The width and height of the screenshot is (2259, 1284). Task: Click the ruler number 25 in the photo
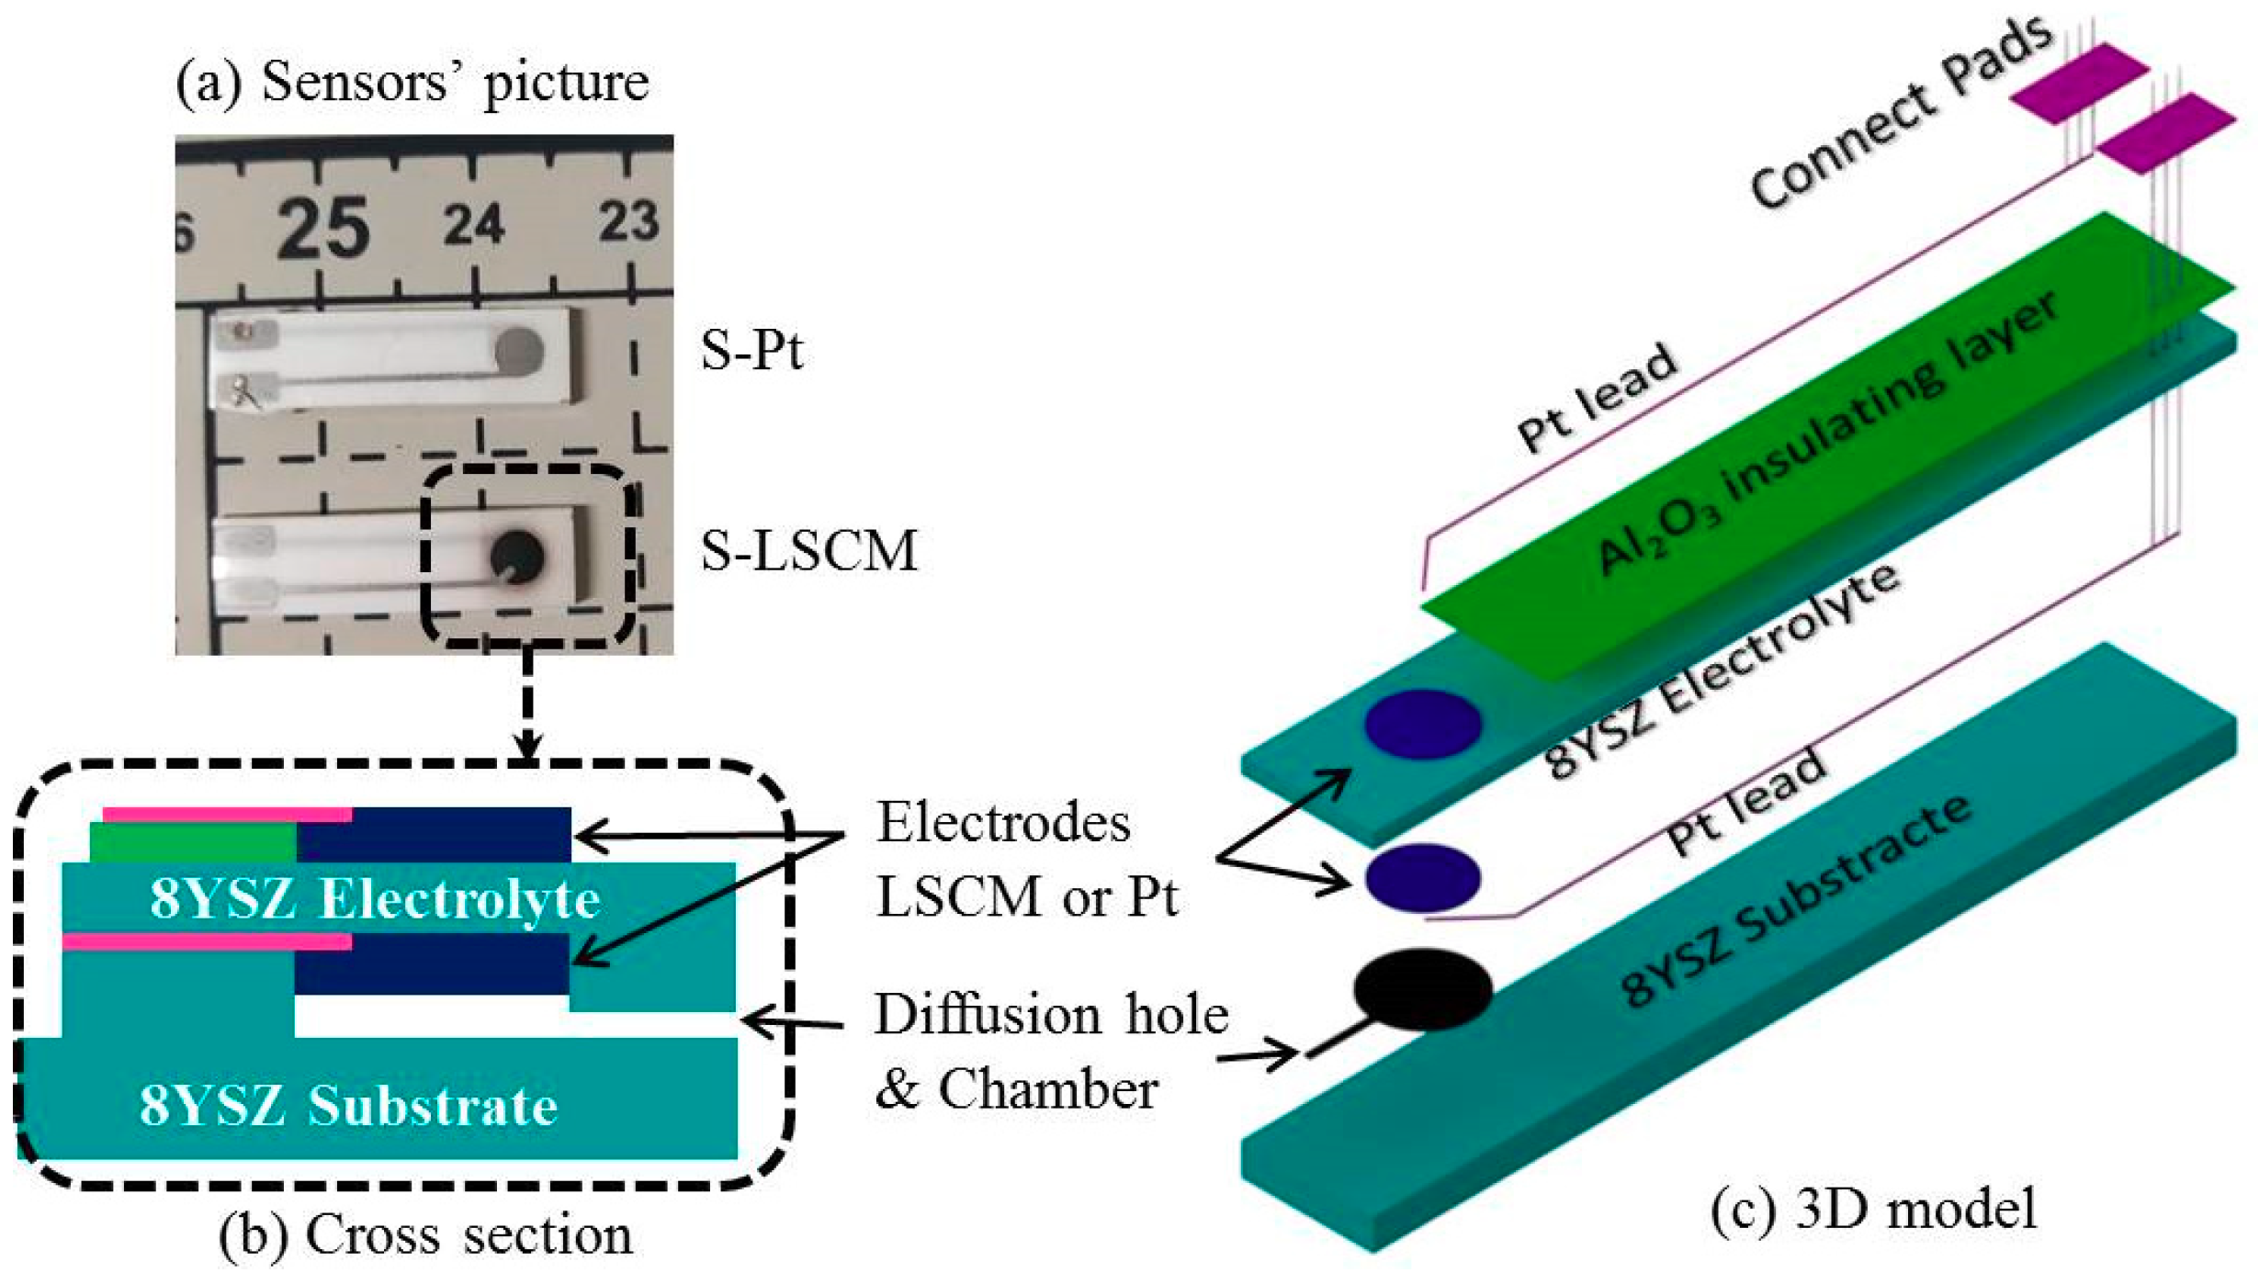[323, 228]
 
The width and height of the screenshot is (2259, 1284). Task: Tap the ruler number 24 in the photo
[474, 223]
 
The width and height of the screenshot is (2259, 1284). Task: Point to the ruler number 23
[628, 220]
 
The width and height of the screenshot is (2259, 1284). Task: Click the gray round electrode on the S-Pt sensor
[519, 350]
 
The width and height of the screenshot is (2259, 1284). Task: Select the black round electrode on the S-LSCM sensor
[517, 556]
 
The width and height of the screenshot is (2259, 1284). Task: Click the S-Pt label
[751, 350]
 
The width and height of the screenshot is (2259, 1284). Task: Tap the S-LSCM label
[808, 551]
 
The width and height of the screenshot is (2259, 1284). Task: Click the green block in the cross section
[193, 842]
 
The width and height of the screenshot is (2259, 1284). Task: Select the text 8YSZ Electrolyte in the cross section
[375, 898]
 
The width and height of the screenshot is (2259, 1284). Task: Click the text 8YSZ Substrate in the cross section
[348, 1105]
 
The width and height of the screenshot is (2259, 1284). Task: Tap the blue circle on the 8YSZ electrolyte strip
[1422, 724]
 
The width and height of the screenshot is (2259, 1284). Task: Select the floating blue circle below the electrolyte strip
[1422, 877]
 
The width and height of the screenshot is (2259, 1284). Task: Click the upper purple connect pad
[2079, 83]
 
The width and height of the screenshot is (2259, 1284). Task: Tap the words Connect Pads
[1902, 115]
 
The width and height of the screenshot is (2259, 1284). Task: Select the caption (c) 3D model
[1874, 1208]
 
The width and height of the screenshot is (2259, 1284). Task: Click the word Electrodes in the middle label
[1003, 822]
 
